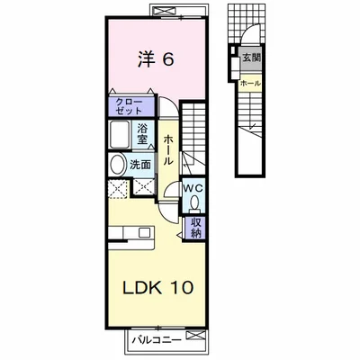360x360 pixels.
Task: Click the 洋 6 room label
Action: pos(156,59)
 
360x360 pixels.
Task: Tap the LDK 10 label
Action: pos(157,288)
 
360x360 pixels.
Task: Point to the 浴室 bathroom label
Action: pos(142,134)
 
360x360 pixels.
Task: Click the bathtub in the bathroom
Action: pos(120,134)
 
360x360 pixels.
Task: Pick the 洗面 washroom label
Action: pos(140,165)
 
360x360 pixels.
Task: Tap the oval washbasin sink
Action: pos(118,165)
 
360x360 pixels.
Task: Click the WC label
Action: pos(193,188)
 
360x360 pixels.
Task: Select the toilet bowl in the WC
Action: pos(194,202)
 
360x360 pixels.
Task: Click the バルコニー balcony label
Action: pos(157,340)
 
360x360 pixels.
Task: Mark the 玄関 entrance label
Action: pos(251,58)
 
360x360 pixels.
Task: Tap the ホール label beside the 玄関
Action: pos(250,84)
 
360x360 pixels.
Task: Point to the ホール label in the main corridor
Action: pos(168,150)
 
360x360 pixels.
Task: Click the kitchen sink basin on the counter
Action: pos(144,232)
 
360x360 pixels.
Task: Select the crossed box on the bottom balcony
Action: pos(195,335)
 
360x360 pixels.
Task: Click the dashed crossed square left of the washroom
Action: pos(117,189)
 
